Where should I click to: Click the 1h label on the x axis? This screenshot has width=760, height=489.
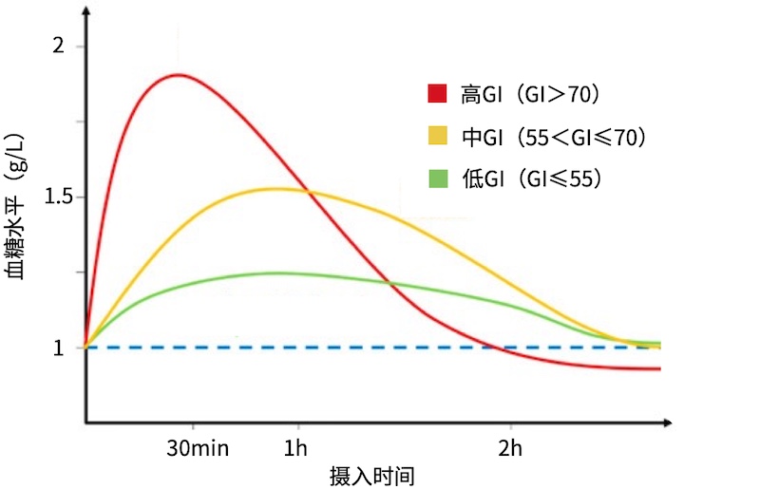coord(296,447)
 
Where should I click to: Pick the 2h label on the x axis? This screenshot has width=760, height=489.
coord(509,447)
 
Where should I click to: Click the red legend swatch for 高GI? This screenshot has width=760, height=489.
coord(437,94)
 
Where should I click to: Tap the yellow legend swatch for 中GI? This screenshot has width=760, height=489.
coord(437,138)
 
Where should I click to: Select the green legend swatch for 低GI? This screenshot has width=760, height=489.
coord(437,179)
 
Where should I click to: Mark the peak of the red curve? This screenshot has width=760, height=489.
coord(178,74)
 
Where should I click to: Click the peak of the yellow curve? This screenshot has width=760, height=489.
coord(275,188)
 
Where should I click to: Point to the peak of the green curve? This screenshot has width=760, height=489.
coord(275,273)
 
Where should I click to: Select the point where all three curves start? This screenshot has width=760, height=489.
coord(85,348)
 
